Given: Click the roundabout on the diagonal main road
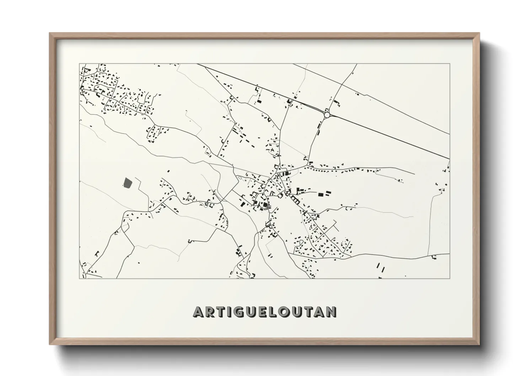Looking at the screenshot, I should coord(327,115).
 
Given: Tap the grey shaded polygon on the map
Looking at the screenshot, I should coord(127,183).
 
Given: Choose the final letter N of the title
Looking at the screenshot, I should coord(331,312).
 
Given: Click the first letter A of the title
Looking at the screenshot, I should coord(198,312).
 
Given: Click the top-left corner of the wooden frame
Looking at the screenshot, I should coord(50,33).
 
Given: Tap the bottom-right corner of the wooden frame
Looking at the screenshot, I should coord(479,344).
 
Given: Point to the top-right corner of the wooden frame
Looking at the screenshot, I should coord(479,33).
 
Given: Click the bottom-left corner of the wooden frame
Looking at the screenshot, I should coord(50,344).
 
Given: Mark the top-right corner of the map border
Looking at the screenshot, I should coord(450,64).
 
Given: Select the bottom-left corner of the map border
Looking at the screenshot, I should coord(80,279).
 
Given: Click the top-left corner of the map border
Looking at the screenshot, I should coord(80,64).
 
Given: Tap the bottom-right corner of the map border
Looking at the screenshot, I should coord(450,279).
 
